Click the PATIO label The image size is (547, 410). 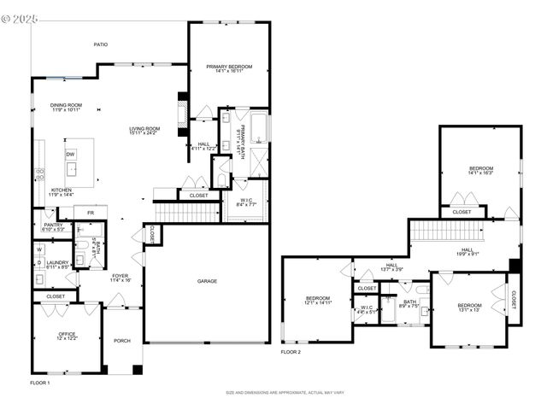(101, 44)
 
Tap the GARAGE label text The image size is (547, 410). (207, 281)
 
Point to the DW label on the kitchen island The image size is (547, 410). (71, 155)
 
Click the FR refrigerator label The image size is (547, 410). (90, 212)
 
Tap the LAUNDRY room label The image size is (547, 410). (58, 263)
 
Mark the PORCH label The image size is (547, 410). (122, 341)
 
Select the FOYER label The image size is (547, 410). (120, 276)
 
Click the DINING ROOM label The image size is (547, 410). (65, 106)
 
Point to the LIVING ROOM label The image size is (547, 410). (144, 129)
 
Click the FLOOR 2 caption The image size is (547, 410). (291, 351)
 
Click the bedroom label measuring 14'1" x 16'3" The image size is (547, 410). (479, 169)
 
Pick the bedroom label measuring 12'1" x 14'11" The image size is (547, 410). (316, 299)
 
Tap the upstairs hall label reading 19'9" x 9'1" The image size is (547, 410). (467, 250)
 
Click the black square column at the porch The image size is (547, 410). (137, 370)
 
